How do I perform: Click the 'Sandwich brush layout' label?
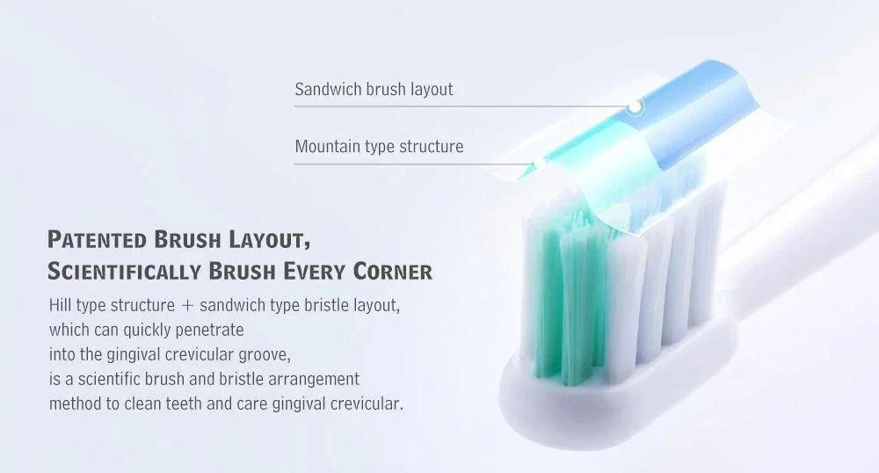tap(374, 89)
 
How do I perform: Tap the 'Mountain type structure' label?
tap(379, 146)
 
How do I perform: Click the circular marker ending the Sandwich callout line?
tap(636, 106)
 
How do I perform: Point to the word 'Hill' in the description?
tap(63, 307)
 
